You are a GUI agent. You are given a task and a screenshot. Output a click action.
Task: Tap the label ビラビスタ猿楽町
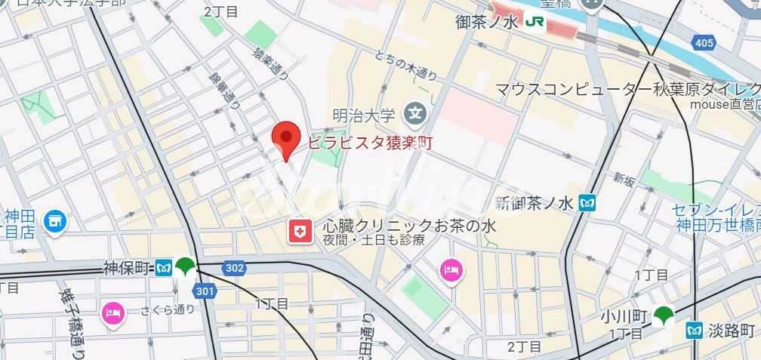pyautogui.click(x=369, y=141)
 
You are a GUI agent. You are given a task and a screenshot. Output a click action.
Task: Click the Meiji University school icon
pyautogui.click(x=414, y=115)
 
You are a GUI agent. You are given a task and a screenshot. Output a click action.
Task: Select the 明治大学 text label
pyautogui.click(x=365, y=115)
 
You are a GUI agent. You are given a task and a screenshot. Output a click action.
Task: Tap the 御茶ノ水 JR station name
pyautogui.click(x=487, y=23)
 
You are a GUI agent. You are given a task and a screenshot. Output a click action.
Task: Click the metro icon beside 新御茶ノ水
pyautogui.click(x=588, y=202)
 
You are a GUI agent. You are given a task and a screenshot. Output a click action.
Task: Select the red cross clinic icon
pyautogui.click(x=300, y=232)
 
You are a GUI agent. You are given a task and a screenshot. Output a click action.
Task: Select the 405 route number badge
pyautogui.click(x=704, y=43)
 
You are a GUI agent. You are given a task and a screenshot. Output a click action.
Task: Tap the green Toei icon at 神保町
pyautogui.click(x=185, y=266)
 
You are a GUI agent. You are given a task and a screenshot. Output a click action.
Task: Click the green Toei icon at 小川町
pyautogui.click(x=664, y=315)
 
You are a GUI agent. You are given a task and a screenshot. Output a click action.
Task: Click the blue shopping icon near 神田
pyautogui.click(x=54, y=221)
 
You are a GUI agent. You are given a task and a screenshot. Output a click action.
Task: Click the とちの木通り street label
pyautogui.click(x=405, y=65)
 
